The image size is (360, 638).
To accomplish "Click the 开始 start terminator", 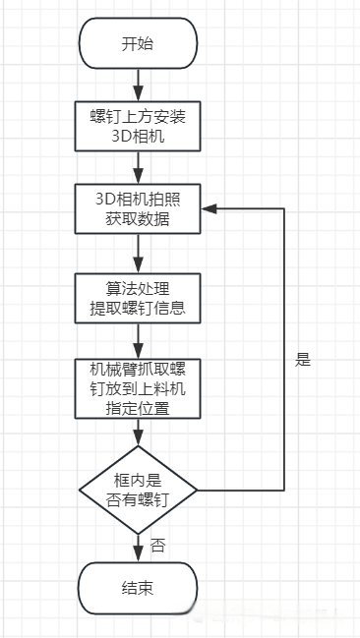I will [x=137, y=43].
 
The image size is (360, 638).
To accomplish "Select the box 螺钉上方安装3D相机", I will [x=137, y=125].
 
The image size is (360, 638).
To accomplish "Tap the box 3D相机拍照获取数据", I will [x=137, y=208].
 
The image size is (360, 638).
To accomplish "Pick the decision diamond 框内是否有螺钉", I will [x=137, y=489].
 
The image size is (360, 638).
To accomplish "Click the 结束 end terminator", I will [x=137, y=588].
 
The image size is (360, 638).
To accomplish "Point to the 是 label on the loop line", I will [x=302, y=360].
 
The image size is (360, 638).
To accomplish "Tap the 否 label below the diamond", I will [x=157, y=545].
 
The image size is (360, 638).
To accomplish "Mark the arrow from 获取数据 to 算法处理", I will [x=137, y=253].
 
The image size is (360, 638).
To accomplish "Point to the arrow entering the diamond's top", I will [x=137, y=433].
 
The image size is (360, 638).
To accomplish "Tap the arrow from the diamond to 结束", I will [x=137, y=545].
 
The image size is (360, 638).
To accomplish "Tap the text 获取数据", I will [x=137, y=219].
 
